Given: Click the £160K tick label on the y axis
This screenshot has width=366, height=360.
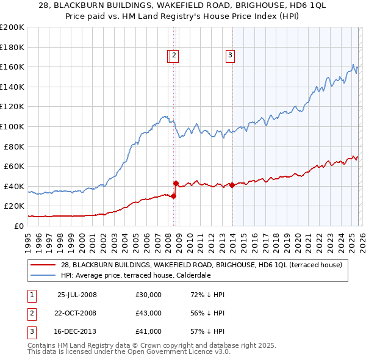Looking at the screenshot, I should tap(12, 67).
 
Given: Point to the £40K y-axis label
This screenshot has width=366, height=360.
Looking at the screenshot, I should tap(14, 186).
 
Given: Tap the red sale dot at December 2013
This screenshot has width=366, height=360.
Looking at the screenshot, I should tap(232, 185).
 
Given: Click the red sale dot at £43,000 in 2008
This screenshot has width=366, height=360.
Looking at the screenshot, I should tap(176, 183).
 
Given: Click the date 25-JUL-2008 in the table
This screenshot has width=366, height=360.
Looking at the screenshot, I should tap(77, 295).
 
